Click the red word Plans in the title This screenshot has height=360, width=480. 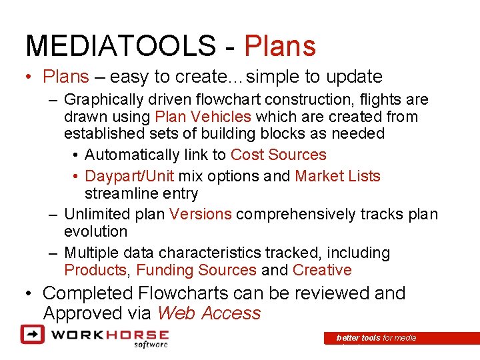[280, 45]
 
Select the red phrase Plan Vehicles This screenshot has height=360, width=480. [203, 117]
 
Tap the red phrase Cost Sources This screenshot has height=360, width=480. [278, 155]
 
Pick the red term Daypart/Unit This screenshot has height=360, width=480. [129, 176]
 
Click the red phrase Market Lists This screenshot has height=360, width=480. [337, 176]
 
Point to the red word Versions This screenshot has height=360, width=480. [201, 214]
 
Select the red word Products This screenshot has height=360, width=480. [95, 270]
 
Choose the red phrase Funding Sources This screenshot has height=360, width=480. [196, 270]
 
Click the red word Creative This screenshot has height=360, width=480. [322, 270]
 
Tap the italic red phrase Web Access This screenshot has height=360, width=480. [209, 313]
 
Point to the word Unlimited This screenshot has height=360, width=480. [95, 214]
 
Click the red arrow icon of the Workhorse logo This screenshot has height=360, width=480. [32, 333]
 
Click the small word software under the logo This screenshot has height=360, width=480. [150, 345]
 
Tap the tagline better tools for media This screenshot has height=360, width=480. [376, 338]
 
